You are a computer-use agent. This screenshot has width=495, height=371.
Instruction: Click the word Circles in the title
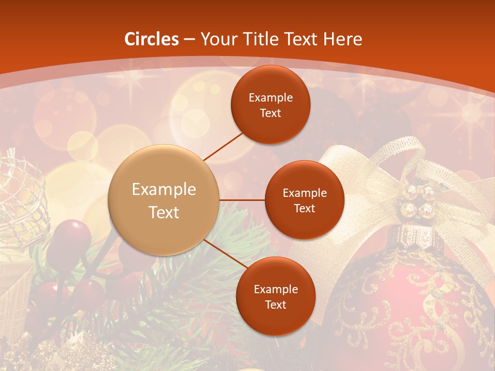(x=152, y=39)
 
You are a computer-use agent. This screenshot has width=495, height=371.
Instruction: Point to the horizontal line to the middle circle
(x=242, y=200)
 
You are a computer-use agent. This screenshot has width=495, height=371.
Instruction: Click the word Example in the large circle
(x=164, y=190)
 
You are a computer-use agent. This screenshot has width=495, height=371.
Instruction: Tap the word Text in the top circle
(x=270, y=113)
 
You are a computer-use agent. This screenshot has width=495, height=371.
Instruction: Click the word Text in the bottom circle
(x=275, y=305)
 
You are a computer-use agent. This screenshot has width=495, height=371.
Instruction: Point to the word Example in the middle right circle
(x=304, y=193)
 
